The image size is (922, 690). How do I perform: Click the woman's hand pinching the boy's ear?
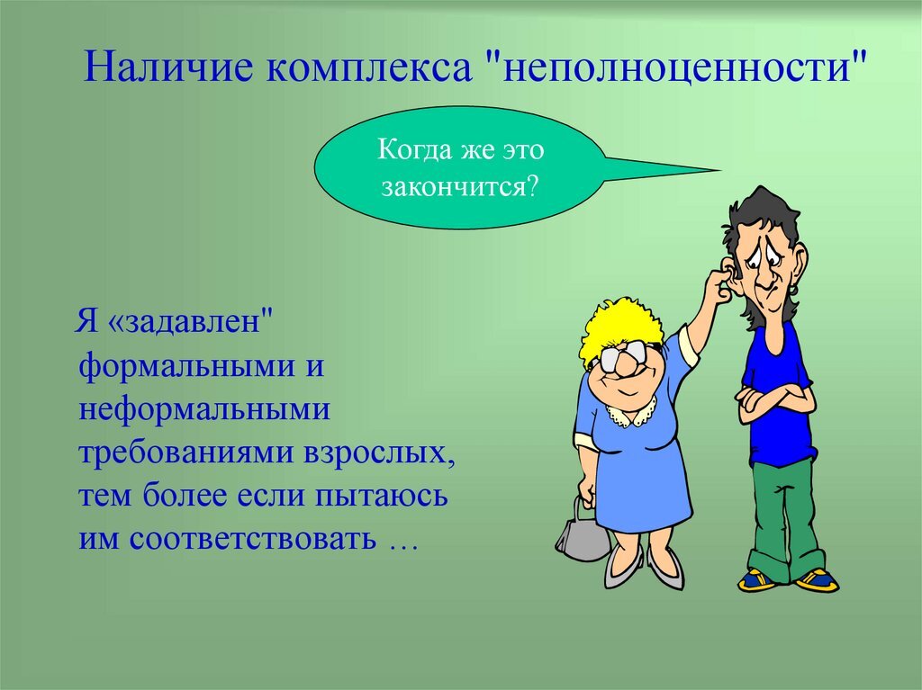click(716, 285)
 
